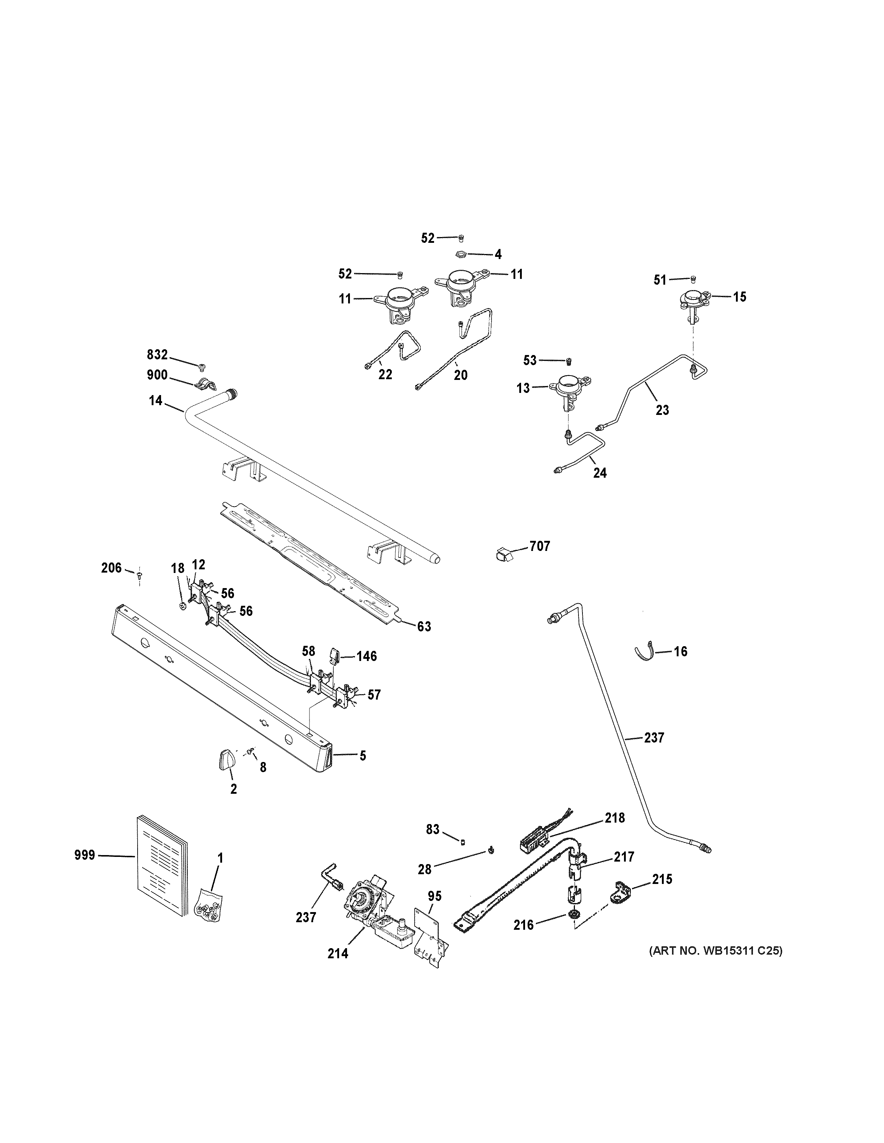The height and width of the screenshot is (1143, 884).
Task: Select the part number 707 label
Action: [x=539, y=546]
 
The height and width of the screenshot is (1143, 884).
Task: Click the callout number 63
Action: [x=424, y=626]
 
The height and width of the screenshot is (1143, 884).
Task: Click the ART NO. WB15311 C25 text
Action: [x=715, y=950]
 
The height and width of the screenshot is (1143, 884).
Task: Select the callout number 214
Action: [x=338, y=954]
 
